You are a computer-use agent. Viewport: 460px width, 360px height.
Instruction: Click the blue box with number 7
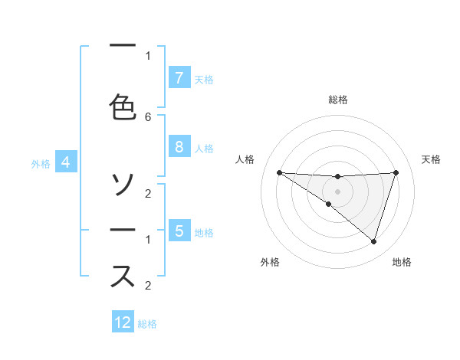179,78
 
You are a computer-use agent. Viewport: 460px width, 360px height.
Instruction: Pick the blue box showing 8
179,147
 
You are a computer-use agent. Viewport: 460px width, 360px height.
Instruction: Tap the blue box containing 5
179,231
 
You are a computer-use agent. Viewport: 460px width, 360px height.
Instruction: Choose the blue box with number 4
66,162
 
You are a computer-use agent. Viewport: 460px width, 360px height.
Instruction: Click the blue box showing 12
123,322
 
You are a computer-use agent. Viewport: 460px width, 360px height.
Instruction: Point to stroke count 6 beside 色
148,117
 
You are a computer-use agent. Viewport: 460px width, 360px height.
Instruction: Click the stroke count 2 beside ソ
148,194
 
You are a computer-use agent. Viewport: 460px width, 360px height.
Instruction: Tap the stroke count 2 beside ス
148,286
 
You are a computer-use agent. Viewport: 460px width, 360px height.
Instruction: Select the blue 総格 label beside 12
147,324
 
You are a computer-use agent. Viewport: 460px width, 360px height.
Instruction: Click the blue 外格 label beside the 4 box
40,163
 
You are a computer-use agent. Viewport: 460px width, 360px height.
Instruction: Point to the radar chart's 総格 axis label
338,100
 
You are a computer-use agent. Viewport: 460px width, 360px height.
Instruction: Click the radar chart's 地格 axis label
402,262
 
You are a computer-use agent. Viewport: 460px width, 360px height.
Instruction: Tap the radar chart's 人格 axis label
245,159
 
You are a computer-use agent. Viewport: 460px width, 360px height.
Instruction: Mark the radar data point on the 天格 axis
396,172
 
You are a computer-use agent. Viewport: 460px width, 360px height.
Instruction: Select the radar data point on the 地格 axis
373,241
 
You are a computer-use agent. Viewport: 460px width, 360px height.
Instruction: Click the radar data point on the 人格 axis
279,172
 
